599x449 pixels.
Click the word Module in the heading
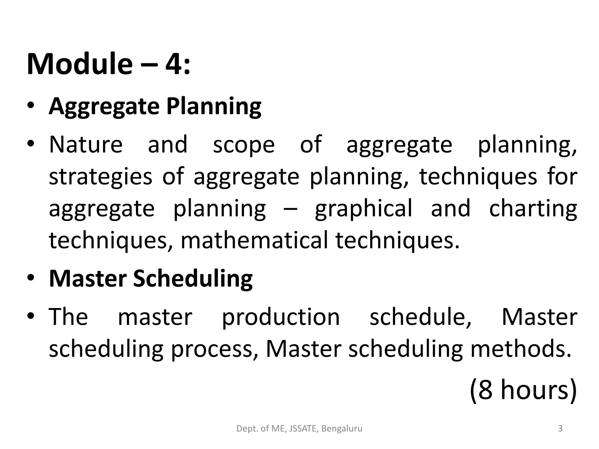(80, 64)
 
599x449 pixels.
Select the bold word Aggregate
(104, 106)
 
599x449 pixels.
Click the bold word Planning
(214, 106)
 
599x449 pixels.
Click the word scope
(244, 146)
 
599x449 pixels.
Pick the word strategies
(100, 177)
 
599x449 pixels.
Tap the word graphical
(364, 209)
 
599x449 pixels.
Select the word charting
(533, 209)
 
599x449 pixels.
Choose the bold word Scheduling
(193, 279)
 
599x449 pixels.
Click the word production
(281, 317)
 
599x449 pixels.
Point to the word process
(212, 350)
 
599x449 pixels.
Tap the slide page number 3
(560, 429)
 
